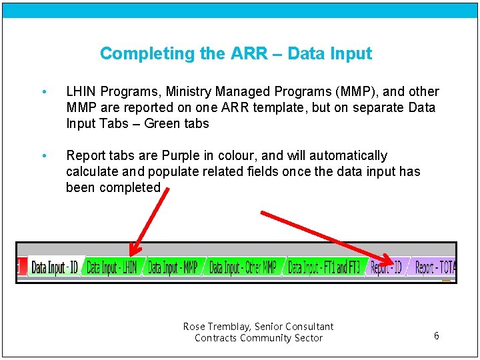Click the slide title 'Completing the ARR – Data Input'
click(235, 53)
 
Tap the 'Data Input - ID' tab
click(55, 268)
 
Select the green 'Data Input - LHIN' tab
click(111, 268)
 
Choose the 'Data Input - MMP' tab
click(172, 268)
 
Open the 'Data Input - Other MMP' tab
click(243, 268)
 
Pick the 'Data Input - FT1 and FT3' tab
click(324, 268)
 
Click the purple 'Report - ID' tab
click(386, 268)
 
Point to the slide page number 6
click(436, 336)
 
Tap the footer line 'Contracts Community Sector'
click(258, 338)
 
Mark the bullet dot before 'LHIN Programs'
click(43, 92)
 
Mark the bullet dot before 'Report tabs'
click(43, 156)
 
